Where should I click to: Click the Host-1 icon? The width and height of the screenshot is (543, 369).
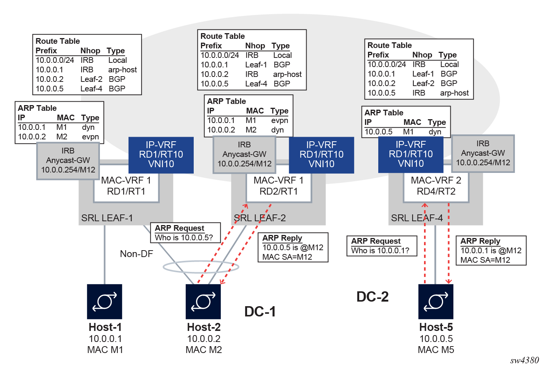pos(104,301)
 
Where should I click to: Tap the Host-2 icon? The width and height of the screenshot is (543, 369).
pos(203,301)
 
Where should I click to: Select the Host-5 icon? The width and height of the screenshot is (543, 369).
pos(436,301)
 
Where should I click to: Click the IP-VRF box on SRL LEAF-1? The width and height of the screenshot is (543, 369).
pos(161,155)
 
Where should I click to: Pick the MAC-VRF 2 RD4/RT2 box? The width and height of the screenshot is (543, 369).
pos(436,186)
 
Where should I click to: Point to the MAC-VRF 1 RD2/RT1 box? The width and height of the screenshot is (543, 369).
pos(278,186)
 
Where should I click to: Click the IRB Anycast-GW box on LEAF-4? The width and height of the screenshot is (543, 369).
pos(483,153)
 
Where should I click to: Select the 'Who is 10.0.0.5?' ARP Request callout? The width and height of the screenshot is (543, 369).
pos(185,233)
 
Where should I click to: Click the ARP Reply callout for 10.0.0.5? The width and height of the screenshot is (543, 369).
pos(292,247)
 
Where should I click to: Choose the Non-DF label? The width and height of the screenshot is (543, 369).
pos(136,254)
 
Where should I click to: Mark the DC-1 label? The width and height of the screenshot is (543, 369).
pos(260,311)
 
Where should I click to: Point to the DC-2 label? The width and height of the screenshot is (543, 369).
pos(372,297)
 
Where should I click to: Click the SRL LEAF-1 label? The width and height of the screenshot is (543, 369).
pos(107,218)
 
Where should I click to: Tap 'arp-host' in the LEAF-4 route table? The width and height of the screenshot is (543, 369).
pos(454,93)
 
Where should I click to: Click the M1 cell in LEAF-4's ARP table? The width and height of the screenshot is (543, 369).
pos(408,132)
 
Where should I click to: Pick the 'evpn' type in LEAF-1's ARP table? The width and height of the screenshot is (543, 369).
pos(90,137)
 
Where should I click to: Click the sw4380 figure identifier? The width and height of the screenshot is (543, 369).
pos(524,360)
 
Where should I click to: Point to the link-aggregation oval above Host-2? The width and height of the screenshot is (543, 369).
pos(201,267)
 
